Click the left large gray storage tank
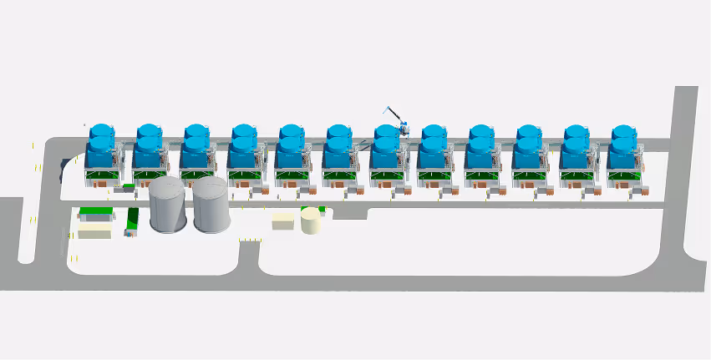167,205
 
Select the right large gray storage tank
211,205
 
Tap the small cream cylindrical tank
310,221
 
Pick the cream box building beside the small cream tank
283,221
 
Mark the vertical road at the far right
688,167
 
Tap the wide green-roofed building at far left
94,212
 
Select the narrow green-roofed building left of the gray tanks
133,219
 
